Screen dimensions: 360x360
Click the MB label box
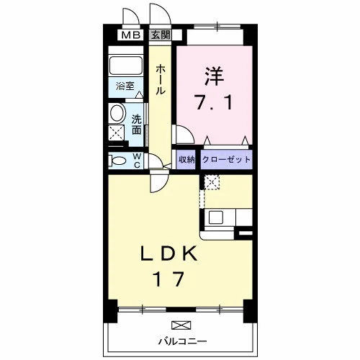tap(130, 35)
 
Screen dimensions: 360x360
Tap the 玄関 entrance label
tap(161, 35)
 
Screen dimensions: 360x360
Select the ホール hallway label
tap(161, 79)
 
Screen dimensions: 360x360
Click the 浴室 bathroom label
tap(125, 86)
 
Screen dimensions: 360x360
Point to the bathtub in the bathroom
tap(126, 66)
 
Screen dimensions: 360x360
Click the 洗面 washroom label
tap(137, 124)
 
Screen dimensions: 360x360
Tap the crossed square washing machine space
tap(117, 132)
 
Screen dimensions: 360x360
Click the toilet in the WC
tap(117, 161)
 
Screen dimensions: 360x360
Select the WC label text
tap(137, 161)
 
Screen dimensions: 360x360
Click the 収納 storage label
tap(186, 159)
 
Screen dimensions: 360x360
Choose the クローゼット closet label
tap(226, 159)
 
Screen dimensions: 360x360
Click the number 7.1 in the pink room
tap(215, 102)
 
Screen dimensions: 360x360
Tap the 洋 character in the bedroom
tap(214, 76)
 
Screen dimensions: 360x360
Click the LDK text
tap(169, 253)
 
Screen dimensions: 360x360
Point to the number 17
tap(169, 279)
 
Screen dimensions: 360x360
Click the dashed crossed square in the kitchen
tap(212, 182)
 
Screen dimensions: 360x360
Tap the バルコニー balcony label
tap(182, 341)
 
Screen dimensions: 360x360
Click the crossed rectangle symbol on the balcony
tap(181, 325)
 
